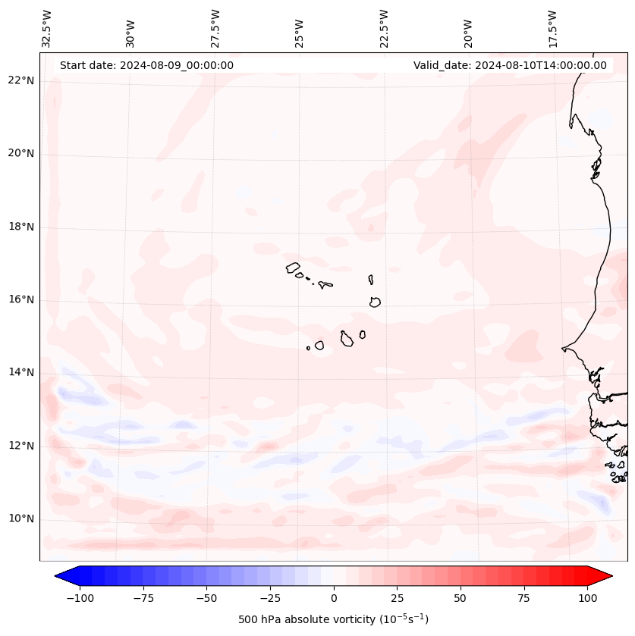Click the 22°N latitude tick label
20,81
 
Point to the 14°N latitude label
20,372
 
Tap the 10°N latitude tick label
20,519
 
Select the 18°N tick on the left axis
20,227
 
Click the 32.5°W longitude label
47,28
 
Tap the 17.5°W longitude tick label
553,28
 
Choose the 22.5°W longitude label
384,28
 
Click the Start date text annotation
146,65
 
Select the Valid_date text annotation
510,65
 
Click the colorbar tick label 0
334,598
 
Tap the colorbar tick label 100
587,598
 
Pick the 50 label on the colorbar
461,598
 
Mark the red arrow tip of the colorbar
611,576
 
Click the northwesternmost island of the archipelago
293,268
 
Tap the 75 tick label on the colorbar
523,598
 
